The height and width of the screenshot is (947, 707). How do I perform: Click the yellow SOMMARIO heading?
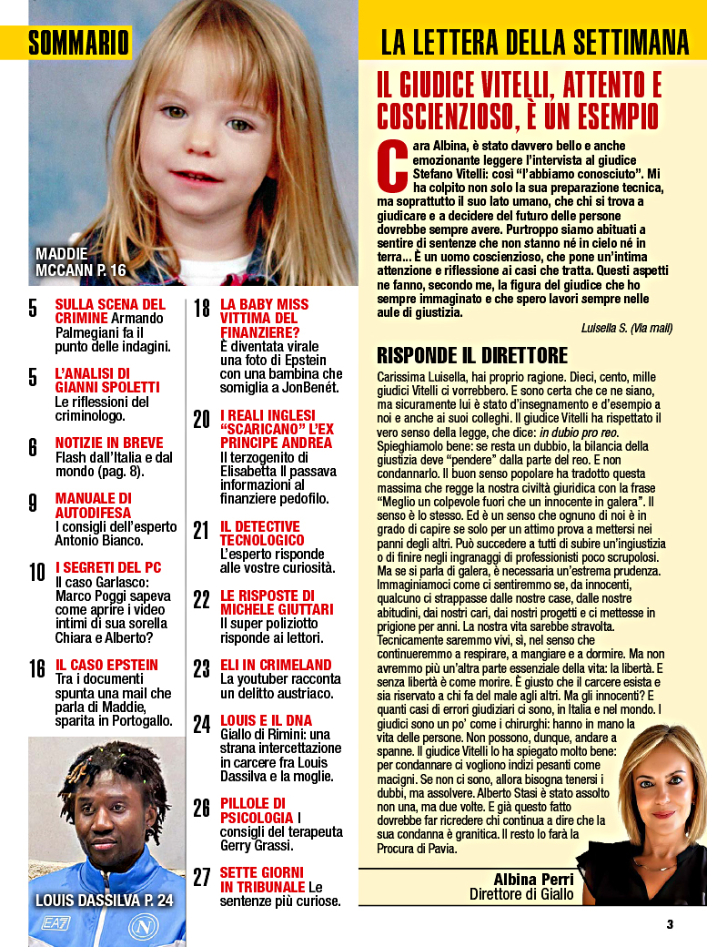[x=79, y=42]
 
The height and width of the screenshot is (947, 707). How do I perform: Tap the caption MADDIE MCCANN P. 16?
[x=80, y=261]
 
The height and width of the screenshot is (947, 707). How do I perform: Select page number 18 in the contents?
[x=202, y=309]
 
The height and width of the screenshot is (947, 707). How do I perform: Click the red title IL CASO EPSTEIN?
[x=106, y=665]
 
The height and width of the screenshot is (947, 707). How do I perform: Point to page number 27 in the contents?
[x=201, y=878]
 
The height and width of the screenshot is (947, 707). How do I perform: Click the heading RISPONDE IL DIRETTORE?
[x=472, y=355]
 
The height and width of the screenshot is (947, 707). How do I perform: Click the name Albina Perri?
[x=533, y=879]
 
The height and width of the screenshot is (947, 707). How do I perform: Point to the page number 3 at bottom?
[x=670, y=924]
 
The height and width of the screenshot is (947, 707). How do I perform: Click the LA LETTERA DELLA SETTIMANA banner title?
[x=534, y=42]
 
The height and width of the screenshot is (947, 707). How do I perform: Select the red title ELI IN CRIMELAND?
[x=276, y=665]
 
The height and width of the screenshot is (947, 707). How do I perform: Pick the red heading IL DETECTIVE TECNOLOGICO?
[x=260, y=534]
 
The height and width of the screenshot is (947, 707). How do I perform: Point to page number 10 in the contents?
[x=37, y=572]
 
